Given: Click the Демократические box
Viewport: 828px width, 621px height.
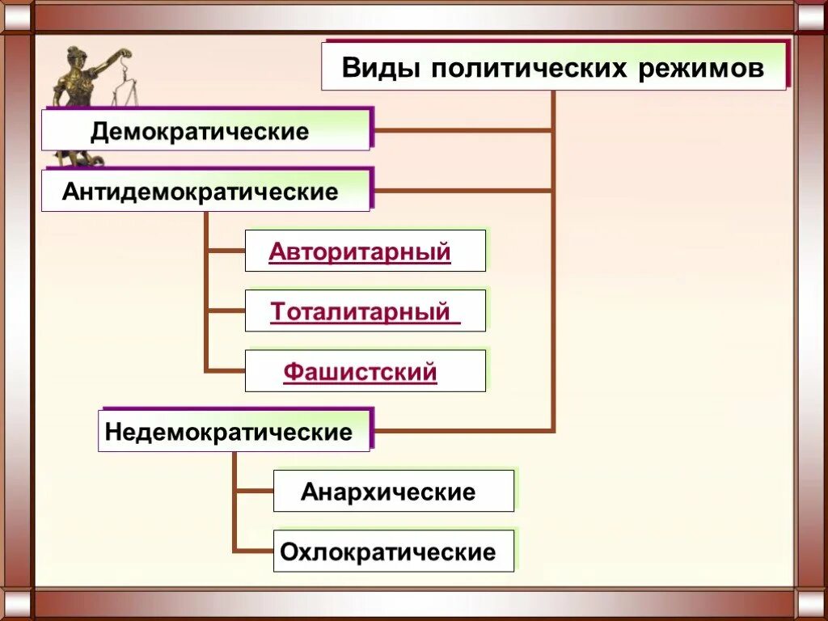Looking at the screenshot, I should [x=205, y=131].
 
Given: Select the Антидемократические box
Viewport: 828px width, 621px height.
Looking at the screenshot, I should [x=205, y=192].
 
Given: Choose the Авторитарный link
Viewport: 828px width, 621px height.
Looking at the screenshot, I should [x=360, y=251].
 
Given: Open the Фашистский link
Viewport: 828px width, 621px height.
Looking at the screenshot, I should [x=361, y=372].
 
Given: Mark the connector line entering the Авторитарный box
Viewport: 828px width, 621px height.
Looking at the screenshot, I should [x=226, y=251].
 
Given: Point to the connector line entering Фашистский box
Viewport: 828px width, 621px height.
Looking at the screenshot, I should [x=226, y=371].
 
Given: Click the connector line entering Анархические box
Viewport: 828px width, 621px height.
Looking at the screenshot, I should [x=254, y=491].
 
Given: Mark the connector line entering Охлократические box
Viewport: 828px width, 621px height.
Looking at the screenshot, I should [x=254, y=551].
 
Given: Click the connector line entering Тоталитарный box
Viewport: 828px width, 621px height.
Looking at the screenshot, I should [x=226, y=310].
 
